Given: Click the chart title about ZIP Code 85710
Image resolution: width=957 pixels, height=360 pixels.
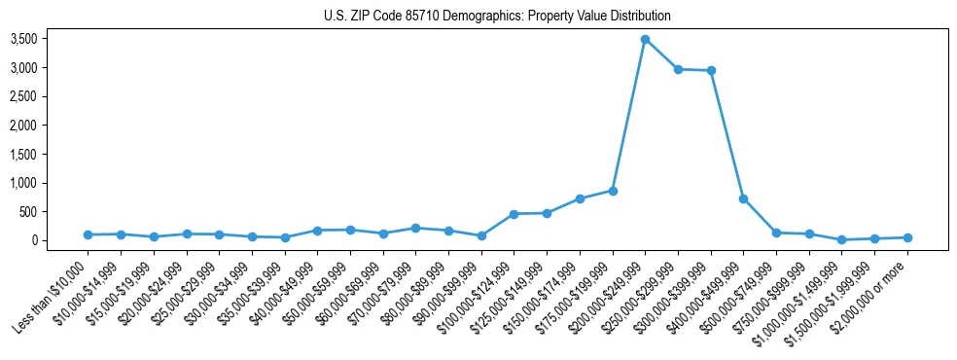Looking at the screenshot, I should coord(497,16).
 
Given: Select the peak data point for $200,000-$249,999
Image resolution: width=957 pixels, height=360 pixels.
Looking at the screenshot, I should coord(645,40).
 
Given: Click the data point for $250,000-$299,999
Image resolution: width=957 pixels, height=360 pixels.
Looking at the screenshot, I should coord(678,69).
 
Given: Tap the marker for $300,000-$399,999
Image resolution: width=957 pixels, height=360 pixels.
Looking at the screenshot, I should coord(711,70).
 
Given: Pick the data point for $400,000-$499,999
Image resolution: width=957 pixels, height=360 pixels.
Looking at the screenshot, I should coord(743,198).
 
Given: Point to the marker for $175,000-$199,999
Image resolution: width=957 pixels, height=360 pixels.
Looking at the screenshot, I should coord(613,191).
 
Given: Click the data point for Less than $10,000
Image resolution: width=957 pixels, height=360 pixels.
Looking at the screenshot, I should coord(89,234).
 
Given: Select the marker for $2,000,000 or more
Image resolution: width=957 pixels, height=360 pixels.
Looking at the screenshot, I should coord(907,237).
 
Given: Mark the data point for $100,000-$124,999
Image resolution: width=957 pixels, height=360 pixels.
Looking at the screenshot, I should coord(514,214).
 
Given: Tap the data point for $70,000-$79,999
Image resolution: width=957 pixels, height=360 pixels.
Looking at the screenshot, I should coord(415,228).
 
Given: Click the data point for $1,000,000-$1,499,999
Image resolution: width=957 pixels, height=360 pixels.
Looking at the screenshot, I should coord(841,239).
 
